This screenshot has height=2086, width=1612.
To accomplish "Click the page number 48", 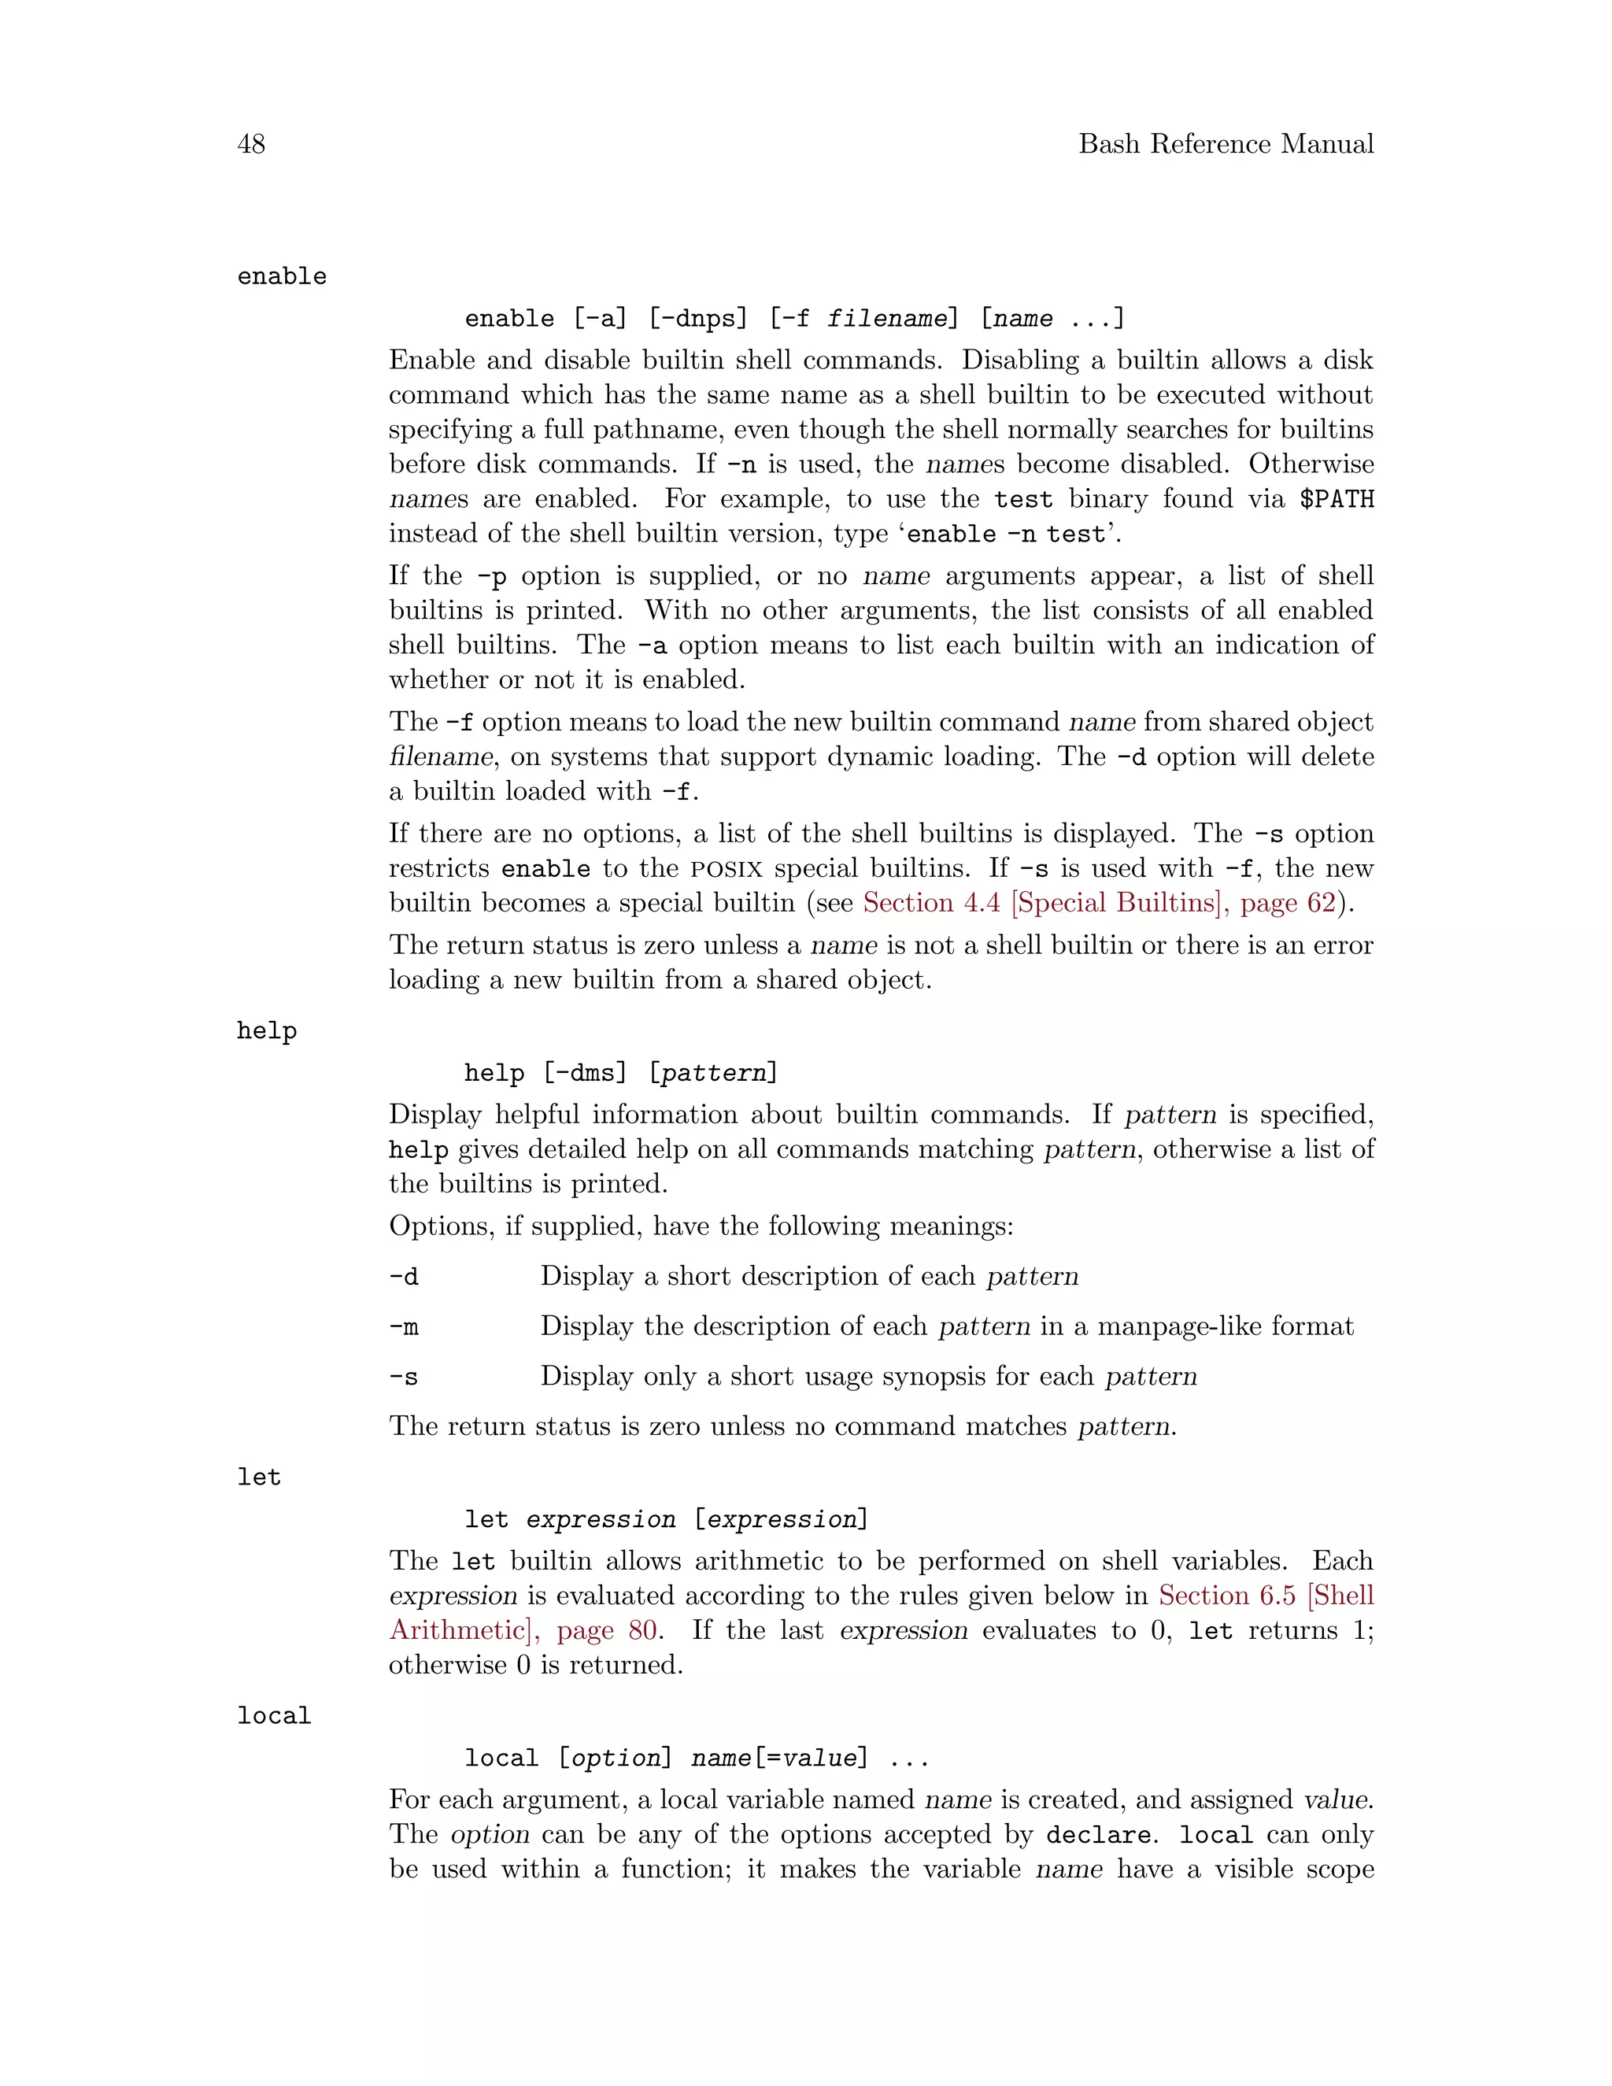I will click(251, 144).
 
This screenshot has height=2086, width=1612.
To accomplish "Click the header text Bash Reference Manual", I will click(1226, 144).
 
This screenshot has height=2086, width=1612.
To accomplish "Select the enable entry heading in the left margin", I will click(282, 277).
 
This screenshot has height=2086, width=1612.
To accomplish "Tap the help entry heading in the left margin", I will click(267, 1031).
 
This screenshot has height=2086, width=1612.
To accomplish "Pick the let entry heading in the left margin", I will click(259, 1478).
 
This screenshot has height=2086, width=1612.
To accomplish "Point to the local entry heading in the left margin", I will click(274, 1716).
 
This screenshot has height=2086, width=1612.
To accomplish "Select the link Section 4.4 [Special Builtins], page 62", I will click(1098, 903).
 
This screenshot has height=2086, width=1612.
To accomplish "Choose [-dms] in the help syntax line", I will click(585, 1074).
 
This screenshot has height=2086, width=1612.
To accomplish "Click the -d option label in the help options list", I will click(404, 1277).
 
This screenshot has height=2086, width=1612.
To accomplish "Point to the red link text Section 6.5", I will click(1227, 1596).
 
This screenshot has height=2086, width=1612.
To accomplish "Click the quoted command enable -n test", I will click(1006, 534).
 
